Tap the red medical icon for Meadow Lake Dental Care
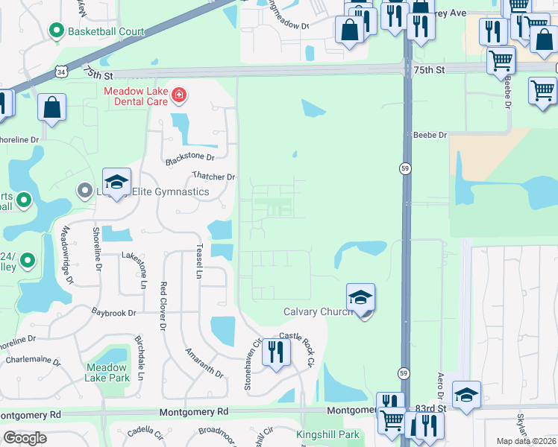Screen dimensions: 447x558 pos(179,95)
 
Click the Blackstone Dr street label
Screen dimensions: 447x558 pos(189,158)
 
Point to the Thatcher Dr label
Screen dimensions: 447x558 pos(214,177)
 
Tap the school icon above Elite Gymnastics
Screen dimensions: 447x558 pos(116,182)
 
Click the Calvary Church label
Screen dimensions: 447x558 pos(318,311)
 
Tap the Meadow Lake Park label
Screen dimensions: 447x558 pos(107,372)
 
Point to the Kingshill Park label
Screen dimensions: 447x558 pos(327,434)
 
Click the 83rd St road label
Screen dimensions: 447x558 pos(430,408)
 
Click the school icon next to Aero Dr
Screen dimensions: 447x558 pos(466,394)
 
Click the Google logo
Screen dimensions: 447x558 pos(25,438)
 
